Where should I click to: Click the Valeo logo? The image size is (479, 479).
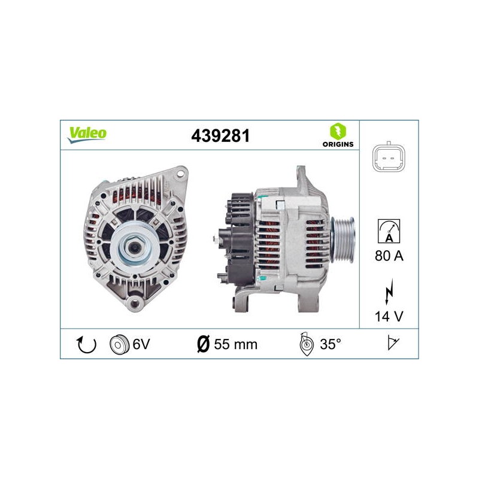(x=87, y=135)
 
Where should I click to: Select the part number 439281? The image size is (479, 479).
(x=220, y=136)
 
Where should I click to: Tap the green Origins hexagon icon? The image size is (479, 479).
(x=338, y=131)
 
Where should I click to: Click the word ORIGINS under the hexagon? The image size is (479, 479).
(x=338, y=144)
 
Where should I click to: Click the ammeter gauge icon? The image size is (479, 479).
(x=389, y=231)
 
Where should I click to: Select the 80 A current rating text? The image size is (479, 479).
(x=389, y=256)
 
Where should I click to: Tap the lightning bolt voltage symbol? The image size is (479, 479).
(x=389, y=292)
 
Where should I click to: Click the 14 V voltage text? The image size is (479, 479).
(x=389, y=316)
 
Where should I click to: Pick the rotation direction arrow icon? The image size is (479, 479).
(x=86, y=345)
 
